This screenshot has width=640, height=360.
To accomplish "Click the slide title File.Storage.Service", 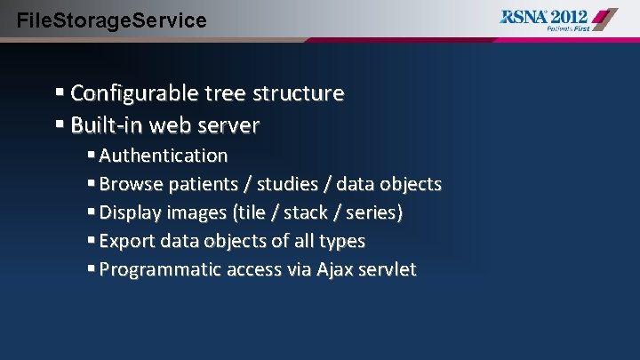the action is point(112,19).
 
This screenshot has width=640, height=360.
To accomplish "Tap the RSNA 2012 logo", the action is point(558,19).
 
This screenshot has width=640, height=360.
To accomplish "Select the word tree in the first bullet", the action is point(225,93).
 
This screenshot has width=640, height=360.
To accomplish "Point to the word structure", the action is point(299,93).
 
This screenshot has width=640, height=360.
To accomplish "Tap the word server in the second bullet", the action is point(230,125).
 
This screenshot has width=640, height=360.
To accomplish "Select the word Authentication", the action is point(164,156).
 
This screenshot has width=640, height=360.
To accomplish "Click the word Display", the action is point(130,212).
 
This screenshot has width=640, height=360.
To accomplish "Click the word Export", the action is point(126,241).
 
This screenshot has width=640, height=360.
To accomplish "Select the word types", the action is point(341,241).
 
